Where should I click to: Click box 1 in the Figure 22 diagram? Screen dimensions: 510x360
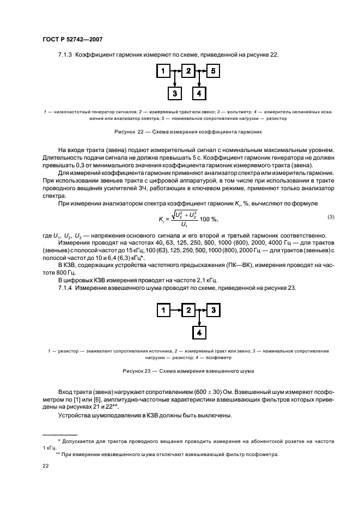pos(162,71)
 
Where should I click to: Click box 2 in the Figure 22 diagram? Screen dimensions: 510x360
pos(188,71)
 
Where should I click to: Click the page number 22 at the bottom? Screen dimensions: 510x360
pos(46,466)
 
